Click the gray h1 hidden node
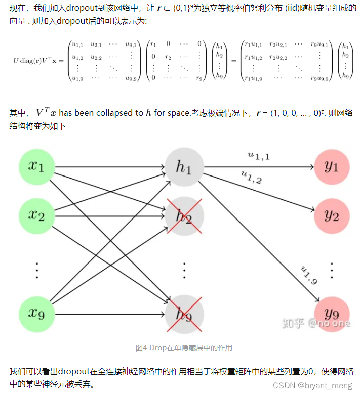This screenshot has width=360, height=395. [x=184, y=167]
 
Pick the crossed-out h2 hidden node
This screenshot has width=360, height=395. [x=184, y=216]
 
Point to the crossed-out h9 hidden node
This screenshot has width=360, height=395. [x=184, y=315]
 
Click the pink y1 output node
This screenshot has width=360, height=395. [x=332, y=167]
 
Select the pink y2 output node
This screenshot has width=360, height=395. [x=332, y=216]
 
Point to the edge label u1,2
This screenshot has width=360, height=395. [x=252, y=177]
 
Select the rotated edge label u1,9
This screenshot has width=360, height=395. [x=309, y=275]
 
